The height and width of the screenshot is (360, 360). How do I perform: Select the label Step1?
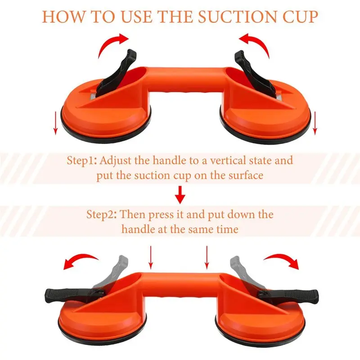tap(83, 161)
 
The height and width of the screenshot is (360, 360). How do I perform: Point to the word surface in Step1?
tap(243, 175)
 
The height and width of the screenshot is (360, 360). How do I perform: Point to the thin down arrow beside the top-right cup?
tap(315, 122)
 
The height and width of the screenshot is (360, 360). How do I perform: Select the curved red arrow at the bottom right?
tap(281, 260)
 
